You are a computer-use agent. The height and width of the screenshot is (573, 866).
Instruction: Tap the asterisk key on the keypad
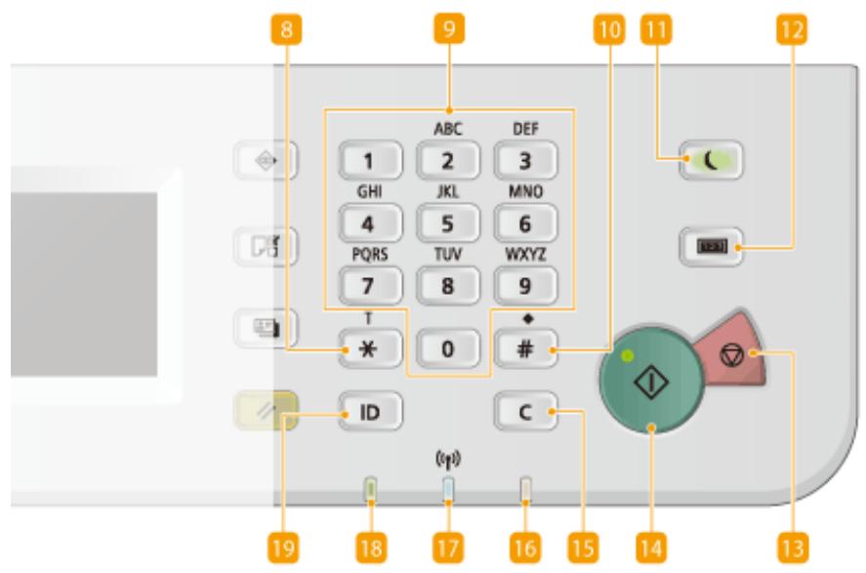pyautogui.click(x=370, y=348)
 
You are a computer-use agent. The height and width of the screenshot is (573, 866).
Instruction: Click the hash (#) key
pyautogui.click(x=525, y=348)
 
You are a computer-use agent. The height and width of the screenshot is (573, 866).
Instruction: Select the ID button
pyautogui.click(x=370, y=411)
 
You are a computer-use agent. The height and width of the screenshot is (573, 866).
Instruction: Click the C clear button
pyautogui.click(x=525, y=411)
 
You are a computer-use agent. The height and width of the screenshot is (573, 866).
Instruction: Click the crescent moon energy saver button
pyautogui.click(x=711, y=161)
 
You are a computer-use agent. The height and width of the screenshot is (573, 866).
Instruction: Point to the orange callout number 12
pyautogui.click(x=792, y=29)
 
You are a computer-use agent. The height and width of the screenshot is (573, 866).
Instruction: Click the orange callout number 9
pyautogui.click(x=449, y=28)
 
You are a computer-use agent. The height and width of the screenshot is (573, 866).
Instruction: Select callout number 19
pyautogui.click(x=283, y=549)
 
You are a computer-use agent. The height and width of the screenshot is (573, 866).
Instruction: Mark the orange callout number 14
pyautogui.click(x=652, y=549)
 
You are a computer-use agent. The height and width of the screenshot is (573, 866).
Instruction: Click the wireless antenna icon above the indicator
pyautogui.click(x=448, y=460)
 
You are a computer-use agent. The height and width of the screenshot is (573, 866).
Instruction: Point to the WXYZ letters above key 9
pyautogui.click(x=525, y=255)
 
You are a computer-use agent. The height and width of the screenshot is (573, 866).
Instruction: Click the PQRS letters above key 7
pyautogui.click(x=370, y=255)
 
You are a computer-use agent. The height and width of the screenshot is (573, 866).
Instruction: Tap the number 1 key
pyautogui.click(x=370, y=161)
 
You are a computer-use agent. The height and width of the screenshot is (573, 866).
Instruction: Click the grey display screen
pyautogui.click(x=84, y=284)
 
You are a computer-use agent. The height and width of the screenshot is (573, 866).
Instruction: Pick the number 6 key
pyautogui.click(x=525, y=224)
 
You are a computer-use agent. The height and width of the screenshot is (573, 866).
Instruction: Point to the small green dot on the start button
pyautogui.click(x=627, y=356)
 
